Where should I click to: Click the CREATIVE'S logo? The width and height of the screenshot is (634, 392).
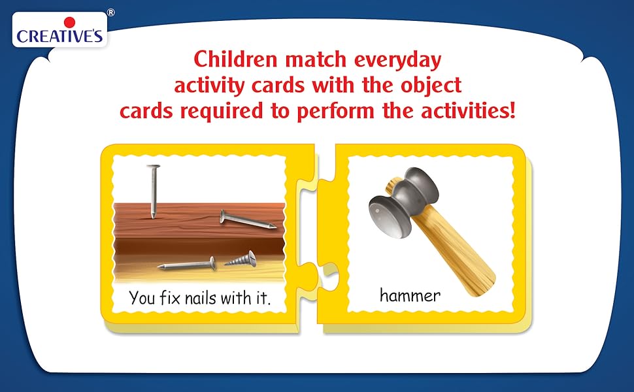point(60,30)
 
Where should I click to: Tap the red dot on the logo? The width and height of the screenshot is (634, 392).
point(69,23)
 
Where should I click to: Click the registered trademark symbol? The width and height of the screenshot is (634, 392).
point(110,12)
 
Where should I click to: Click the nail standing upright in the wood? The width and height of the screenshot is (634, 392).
point(153,191)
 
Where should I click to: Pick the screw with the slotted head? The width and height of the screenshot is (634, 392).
point(241,259)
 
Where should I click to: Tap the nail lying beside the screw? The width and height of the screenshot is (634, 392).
point(187,265)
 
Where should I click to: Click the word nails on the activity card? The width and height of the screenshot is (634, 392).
point(201,298)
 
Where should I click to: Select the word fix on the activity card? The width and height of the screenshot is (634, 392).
point(169,297)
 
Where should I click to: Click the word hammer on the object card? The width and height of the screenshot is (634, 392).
point(410,295)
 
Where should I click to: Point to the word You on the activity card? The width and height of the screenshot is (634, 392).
point(142,298)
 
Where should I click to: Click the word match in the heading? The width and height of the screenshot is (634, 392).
point(316,60)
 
